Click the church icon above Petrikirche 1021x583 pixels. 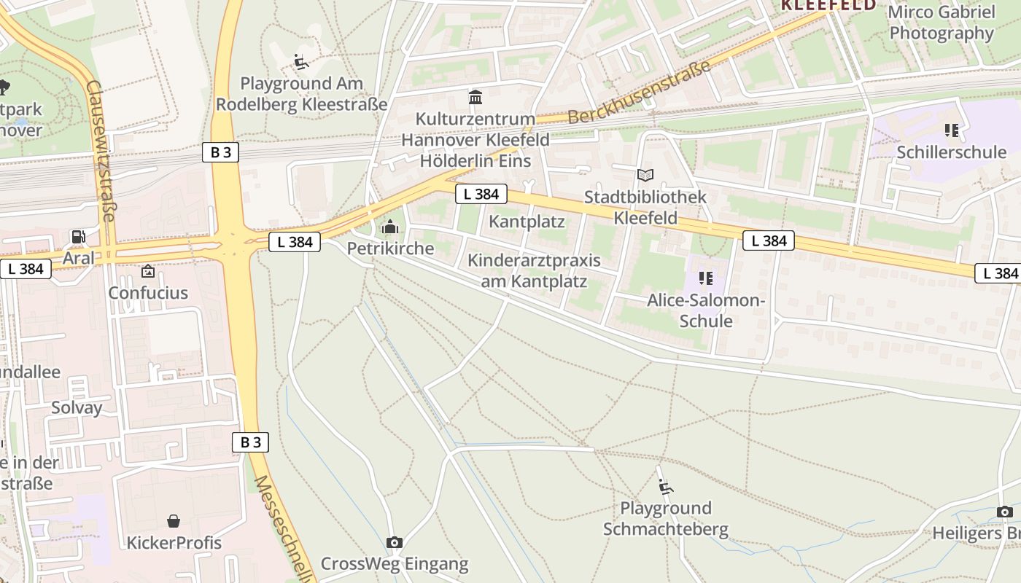point(390,227)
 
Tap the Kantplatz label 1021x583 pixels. point(527,221)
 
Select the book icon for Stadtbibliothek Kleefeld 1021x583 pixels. point(645,175)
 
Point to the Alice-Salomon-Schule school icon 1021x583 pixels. point(705,278)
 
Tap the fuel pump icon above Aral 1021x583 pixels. point(77,236)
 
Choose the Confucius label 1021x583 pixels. point(148,293)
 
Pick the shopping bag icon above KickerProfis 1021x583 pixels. point(174,520)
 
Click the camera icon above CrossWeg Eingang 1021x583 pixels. point(394,542)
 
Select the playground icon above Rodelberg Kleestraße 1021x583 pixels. point(300,62)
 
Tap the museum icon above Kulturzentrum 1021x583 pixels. point(475,97)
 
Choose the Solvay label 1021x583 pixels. point(77,407)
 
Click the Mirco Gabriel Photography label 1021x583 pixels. point(941,23)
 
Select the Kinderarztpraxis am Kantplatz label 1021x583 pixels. point(534,270)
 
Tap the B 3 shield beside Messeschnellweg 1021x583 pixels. point(250,442)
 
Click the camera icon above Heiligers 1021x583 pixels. point(1004,512)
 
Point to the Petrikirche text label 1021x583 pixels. point(390,249)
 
